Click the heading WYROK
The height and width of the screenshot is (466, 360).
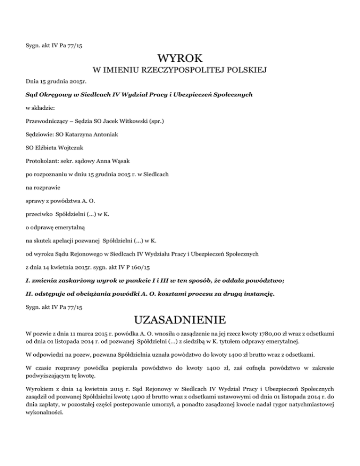pos(180,59)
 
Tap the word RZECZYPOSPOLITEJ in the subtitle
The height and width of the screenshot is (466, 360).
pos(180,71)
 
